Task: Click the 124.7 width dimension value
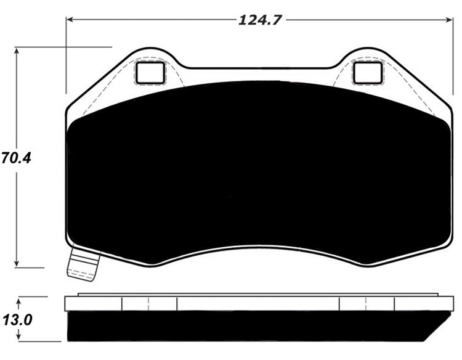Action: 260,20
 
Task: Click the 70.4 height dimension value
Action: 16,158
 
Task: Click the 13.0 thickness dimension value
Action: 17,320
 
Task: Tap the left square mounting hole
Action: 150,73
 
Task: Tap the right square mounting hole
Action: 368,73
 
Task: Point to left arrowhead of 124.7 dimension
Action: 70,20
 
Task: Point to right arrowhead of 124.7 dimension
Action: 448,20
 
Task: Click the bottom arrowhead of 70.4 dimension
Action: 17,263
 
